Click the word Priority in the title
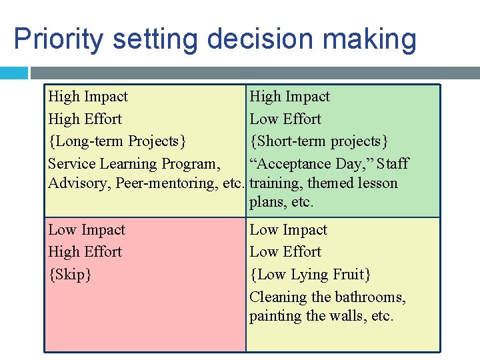[58, 39]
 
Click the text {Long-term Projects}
[117, 141]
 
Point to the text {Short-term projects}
[319, 141]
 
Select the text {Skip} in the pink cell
[70, 274]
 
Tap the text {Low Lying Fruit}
[310, 274]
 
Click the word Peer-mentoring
[169, 183]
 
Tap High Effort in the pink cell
[85, 251]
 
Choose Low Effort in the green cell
[285, 119]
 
